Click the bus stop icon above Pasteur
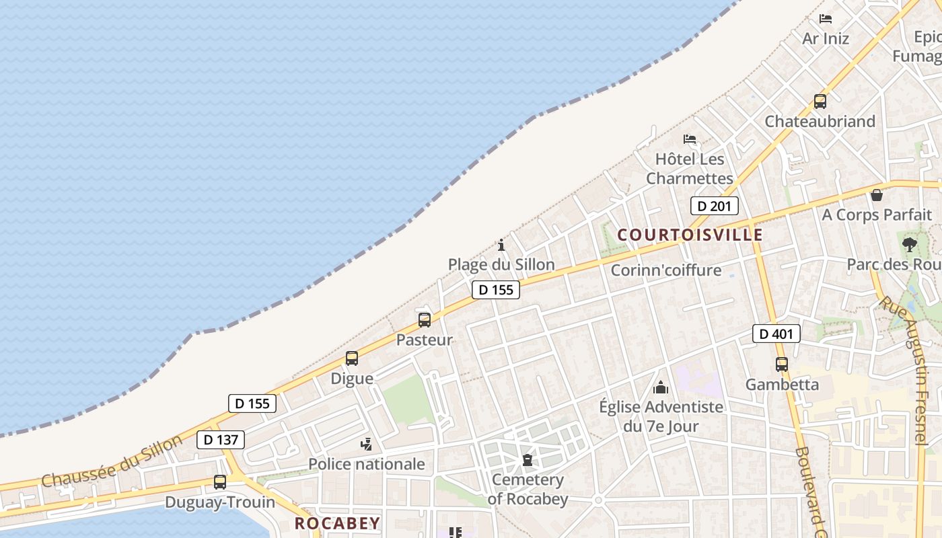point(424,320)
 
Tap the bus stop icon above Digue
point(352,358)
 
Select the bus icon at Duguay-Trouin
point(220,482)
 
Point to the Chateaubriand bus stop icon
point(820,102)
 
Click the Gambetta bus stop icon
point(781,364)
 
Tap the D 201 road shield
point(714,206)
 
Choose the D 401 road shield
point(776,334)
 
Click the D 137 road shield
point(221,440)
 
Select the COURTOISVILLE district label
point(690,235)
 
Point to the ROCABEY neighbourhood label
point(338,523)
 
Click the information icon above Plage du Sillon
point(501,245)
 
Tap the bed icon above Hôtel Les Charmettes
point(690,139)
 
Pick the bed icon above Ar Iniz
point(826,19)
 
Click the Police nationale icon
point(367,444)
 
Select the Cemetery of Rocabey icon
point(528,460)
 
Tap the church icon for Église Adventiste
point(661,387)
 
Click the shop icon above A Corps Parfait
point(877,195)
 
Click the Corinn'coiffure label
point(665,270)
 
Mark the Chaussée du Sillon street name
point(112,461)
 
